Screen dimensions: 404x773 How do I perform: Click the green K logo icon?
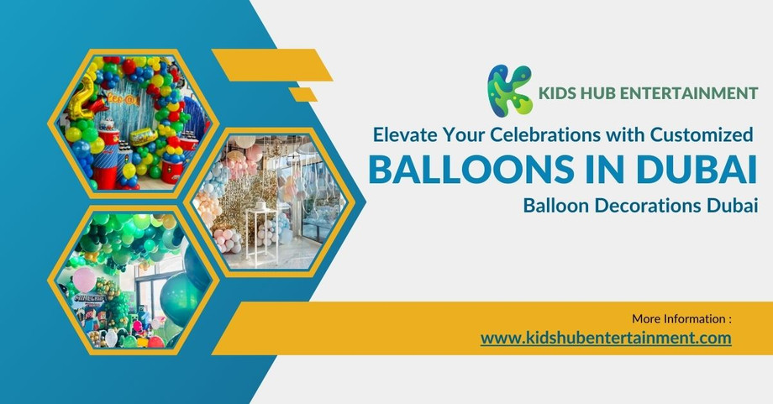click(510, 90)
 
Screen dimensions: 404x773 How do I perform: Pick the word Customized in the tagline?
click(697, 133)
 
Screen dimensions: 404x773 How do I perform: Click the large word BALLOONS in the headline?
click(471, 169)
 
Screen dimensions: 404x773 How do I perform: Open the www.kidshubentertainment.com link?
click(606, 338)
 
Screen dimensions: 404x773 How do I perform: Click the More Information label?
click(681, 319)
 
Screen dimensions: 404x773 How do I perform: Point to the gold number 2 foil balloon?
click(84, 93)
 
